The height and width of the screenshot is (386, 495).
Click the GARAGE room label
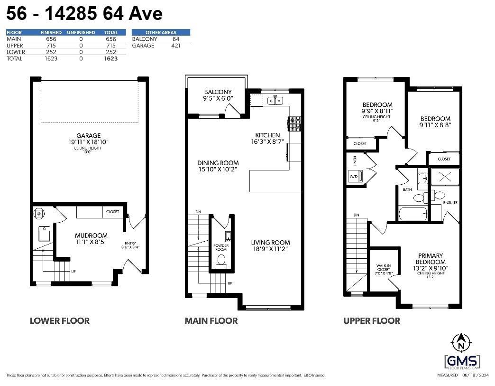(x=89, y=136)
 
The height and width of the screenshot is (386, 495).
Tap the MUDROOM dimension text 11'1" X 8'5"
(x=91, y=242)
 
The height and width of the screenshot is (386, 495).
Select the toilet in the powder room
(x=221, y=260)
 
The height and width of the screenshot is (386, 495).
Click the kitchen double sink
(x=275, y=100)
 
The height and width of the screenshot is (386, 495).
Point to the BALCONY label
(x=218, y=92)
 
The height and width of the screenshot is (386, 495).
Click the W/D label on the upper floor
(x=354, y=177)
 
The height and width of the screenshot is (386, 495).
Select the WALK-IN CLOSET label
(x=383, y=269)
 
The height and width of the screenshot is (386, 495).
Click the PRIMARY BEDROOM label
(x=431, y=258)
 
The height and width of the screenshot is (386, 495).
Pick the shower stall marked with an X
(x=444, y=177)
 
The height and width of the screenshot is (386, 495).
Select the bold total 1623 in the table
(x=110, y=58)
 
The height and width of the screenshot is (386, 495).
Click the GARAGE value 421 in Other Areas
(x=175, y=46)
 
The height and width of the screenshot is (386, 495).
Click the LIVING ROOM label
(x=270, y=242)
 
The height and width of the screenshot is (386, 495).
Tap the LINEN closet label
(x=354, y=161)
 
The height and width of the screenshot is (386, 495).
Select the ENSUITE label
(x=450, y=203)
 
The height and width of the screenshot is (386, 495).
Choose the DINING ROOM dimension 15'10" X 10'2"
(x=218, y=169)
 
